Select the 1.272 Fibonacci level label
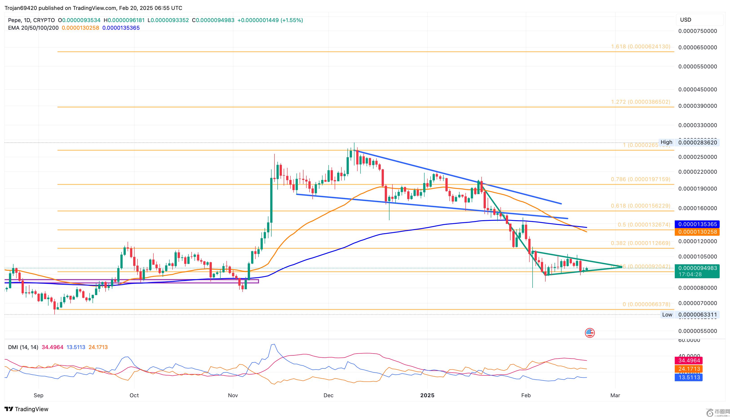[x=641, y=102]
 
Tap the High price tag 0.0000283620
[x=697, y=142]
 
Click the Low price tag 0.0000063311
[x=697, y=315]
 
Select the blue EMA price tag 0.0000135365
[x=697, y=224]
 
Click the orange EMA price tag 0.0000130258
[x=697, y=232]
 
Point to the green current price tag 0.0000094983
[x=697, y=268]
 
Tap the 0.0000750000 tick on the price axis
[x=697, y=31]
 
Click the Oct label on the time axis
[x=134, y=395]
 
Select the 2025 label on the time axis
[x=427, y=395]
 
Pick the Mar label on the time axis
[x=615, y=395]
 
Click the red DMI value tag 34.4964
[x=689, y=360]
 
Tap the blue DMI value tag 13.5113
[x=689, y=377]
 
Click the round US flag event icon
[x=590, y=333]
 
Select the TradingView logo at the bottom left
[x=27, y=409]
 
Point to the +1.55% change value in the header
[x=292, y=20]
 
